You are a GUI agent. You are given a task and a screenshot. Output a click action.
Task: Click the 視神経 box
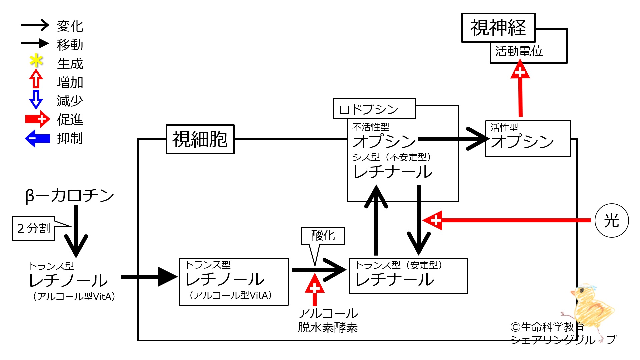(498, 28)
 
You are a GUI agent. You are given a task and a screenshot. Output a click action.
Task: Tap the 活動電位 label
(519, 51)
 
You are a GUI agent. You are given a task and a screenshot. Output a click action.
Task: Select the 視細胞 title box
(200, 139)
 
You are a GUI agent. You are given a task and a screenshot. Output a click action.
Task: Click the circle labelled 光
(612, 221)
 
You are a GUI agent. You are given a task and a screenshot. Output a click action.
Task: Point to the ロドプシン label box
(374, 109)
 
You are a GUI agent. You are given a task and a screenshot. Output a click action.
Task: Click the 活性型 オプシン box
(528, 139)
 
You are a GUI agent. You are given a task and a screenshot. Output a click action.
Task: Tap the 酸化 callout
(323, 236)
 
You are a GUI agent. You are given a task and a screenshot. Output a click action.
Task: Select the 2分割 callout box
(33, 229)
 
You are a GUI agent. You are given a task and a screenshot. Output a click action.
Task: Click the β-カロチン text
(70, 196)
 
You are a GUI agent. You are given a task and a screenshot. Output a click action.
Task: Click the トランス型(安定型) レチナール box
(408, 276)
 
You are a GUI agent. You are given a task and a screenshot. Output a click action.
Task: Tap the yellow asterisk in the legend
(36, 61)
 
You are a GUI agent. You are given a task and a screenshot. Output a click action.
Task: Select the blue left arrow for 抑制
(37, 138)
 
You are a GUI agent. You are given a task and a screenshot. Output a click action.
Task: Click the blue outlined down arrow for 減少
(36, 99)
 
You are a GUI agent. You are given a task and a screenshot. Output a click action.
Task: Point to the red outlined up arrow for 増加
(36, 79)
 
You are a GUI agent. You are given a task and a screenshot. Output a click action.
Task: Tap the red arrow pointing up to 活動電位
(520, 90)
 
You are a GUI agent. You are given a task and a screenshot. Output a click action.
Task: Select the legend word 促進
(70, 119)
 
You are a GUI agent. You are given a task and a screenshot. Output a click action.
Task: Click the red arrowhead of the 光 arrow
(433, 220)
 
